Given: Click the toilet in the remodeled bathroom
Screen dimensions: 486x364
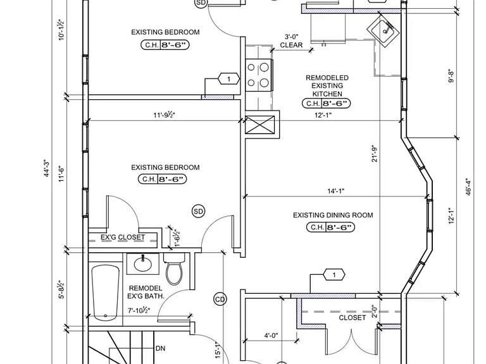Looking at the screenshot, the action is point(174,268).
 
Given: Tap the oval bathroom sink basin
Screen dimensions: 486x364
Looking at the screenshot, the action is point(143,264).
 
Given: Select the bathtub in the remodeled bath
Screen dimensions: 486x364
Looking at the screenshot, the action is point(106,293).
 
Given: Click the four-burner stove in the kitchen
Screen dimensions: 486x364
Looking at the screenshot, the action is point(258,75).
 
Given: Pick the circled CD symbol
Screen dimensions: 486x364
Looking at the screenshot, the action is point(220,300).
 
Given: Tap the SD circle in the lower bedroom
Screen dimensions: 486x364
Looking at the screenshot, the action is point(198,212).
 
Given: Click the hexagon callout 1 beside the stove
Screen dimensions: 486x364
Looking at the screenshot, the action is point(228,79).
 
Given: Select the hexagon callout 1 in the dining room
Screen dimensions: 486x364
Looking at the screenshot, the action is point(334,274).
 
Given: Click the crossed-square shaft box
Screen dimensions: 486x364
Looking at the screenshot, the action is point(259,124).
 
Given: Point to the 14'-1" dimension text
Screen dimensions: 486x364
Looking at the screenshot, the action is point(336,191).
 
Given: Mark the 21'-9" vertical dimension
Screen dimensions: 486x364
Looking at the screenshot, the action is point(375,154).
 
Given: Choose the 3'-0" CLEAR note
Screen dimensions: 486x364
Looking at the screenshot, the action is point(291,41).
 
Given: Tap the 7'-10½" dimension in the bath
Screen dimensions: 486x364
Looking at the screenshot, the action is point(139,310).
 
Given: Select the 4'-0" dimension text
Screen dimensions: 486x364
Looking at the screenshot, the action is point(271,336).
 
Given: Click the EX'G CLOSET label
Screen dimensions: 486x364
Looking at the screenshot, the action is point(123,238).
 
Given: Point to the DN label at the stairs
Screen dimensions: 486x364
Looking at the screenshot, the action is point(160,349).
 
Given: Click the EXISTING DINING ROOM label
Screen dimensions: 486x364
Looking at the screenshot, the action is point(333,215).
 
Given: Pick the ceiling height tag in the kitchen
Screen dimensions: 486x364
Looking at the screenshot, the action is point(326,104).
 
